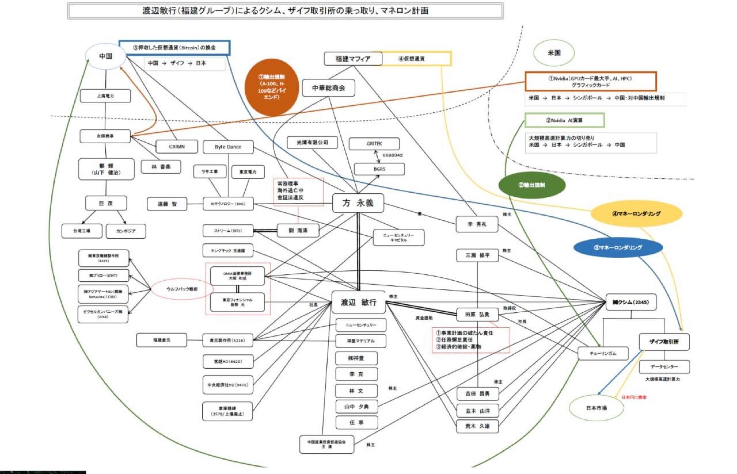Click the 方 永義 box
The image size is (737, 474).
coord(358,203)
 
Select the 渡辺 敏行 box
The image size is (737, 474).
coord(358,302)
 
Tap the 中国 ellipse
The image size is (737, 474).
coord(106,56)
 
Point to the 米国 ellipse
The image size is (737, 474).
coord(554,53)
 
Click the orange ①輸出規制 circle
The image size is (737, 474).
coord(272,87)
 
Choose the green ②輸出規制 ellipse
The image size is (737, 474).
coord(532,185)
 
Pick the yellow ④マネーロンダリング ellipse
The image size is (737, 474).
coord(636,214)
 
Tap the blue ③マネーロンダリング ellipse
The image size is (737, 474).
coord(618,248)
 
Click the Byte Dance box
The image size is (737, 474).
coord(228,147)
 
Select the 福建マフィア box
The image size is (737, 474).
coord(353,59)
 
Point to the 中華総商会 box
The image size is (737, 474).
coord(328,88)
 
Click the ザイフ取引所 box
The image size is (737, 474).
coord(664,342)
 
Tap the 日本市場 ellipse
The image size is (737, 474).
coord(596,408)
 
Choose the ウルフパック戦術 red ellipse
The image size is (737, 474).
coord(182,289)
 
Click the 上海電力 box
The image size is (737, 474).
coord(105,96)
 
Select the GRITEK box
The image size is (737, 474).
coord(374,144)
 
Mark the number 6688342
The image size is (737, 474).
coord(392,155)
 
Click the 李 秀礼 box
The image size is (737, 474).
coord(477,224)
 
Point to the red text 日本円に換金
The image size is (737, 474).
coord(634,397)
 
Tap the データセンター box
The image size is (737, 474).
coord(664,367)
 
